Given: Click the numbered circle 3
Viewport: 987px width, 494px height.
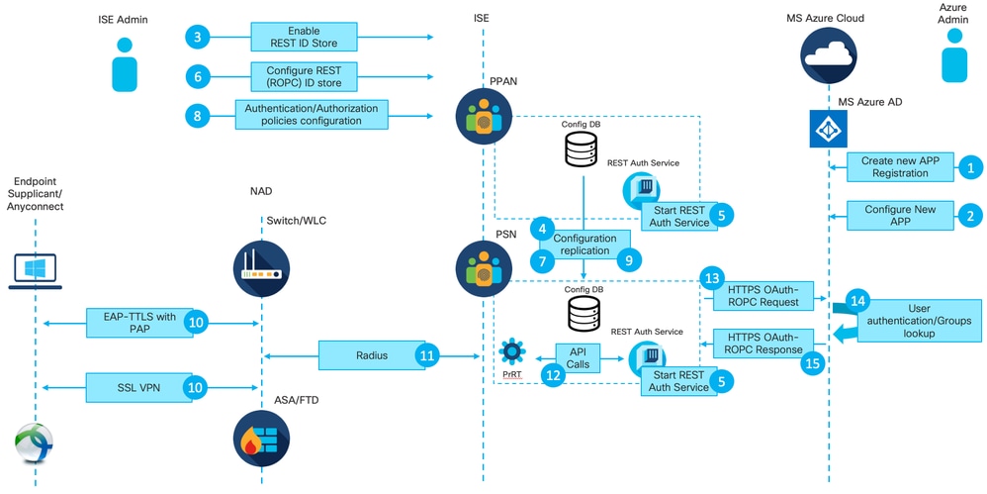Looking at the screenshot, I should [198, 38].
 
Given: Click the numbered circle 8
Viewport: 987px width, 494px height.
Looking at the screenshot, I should [198, 115].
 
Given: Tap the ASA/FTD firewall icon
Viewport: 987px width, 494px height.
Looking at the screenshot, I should [261, 438].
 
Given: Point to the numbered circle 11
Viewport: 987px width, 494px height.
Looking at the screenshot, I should [427, 353].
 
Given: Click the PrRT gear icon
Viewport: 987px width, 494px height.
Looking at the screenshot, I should [512, 352].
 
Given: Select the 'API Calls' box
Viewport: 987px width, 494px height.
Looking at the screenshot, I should [578, 358].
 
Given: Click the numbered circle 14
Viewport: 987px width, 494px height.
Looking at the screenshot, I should [857, 301].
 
